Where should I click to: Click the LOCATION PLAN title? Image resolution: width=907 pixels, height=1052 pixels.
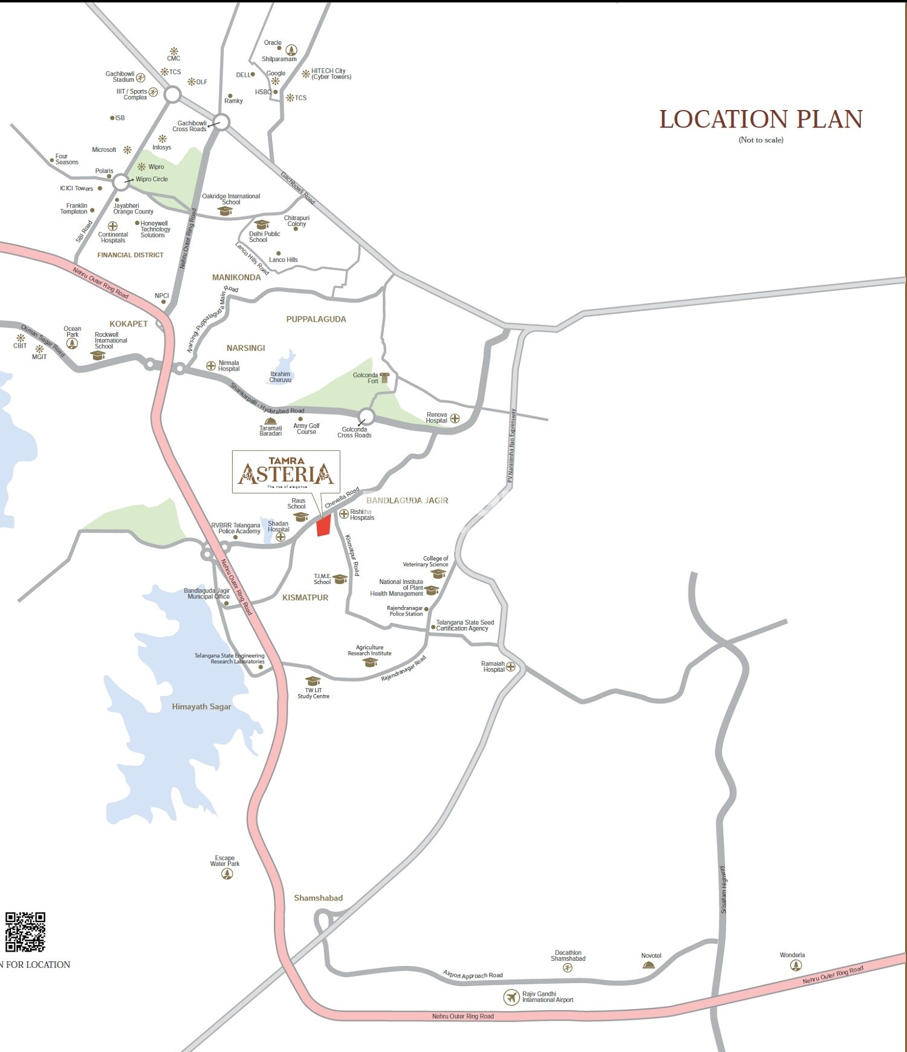coord(761,120)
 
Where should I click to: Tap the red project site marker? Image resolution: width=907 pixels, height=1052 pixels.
coord(324,525)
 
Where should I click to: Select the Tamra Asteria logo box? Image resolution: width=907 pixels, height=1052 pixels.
coord(286,472)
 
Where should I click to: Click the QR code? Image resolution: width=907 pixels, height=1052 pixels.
coord(25,932)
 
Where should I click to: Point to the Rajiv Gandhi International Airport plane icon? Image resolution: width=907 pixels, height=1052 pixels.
coord(512,997)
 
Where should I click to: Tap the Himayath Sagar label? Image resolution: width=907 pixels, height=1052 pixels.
coord(201,707)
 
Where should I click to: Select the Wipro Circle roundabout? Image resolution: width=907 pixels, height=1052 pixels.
coord(122,181)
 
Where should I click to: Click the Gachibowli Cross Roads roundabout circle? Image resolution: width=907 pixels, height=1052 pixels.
coord(222,123)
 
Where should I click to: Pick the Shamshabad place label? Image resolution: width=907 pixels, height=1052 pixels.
coord(318,898)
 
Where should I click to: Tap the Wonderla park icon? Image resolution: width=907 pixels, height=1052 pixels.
coord(796,966)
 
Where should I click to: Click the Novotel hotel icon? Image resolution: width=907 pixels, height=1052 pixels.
coord(649,965)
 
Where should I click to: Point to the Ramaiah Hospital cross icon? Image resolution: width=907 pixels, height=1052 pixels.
coord(511,667)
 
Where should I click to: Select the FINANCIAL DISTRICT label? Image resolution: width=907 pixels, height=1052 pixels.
coord(131,255)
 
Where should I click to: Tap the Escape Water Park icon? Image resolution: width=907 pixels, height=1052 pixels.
coord(227,874)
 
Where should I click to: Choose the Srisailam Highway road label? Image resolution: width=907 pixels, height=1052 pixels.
coord(723,889)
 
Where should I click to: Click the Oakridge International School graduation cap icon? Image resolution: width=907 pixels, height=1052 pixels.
coord(225,211)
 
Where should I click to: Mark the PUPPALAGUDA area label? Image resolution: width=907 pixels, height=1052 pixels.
coord(316,319)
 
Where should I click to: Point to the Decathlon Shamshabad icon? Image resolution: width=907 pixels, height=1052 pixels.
coord(567,968)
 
